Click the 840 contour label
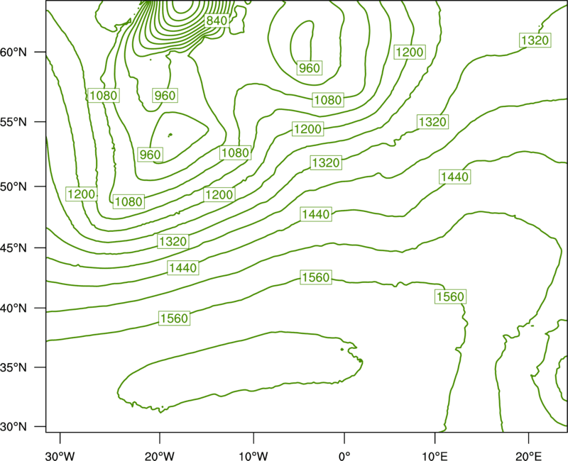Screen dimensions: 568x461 [x=217, y=21]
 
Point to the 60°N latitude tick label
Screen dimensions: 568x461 [x=13, y=52]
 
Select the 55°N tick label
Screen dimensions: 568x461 [x=13, y=122]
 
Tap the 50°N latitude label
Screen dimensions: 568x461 [x=13, y=187]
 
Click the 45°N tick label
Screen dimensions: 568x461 [x=13, y=248]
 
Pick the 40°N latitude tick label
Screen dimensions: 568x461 [x=13, y=309]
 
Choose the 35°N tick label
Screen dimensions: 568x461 [x=13, y=367]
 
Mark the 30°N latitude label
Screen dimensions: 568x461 [x=13, y=427]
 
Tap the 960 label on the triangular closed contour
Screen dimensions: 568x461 [x=151, y=155]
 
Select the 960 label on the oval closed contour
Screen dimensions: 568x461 [x=310, y=67]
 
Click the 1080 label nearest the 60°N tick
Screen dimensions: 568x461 [x=104, y=96]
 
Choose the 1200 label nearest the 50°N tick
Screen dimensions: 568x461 [x=82, y=194]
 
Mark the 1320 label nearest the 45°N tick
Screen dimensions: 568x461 [x=173, y=241]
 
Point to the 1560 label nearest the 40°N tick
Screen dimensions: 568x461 [x=174, y=318]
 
